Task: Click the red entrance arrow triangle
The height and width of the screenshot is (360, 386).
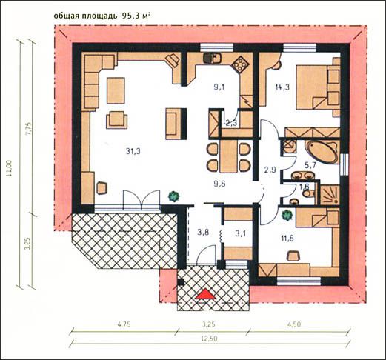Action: pyautogui.click(x=205, y=294)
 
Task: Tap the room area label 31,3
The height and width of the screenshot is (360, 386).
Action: pyautogui.click(x=133, y=151)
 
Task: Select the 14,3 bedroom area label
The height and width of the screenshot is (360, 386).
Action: pyautogui.click(x=282, y=87)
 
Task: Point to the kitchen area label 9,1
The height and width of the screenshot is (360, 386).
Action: pyautogui.click(x=219, y=87)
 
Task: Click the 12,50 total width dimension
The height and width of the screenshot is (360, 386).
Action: pyautogui.click(x=209, y=339)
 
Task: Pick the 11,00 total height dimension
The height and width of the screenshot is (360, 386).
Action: pyautogui.click(x=9, y=168)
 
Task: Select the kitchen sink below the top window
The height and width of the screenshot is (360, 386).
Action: pyautogui.click(x=212, y=58)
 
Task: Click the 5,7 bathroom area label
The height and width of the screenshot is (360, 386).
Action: pyautogui.click(x=310, y=166)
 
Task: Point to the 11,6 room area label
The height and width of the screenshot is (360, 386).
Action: pyautogui.click(x=287, y=239)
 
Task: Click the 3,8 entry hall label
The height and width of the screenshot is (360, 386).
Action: pyautogui.click(x=204, y=233)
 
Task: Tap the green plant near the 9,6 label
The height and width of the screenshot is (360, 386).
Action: pyautogui.click(x=174, y=196)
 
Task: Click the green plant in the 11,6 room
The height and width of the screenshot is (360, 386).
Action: pyautogui.click(x=287, y=215)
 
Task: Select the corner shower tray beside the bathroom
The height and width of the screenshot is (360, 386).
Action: pyautogui.click(x=330, y=195)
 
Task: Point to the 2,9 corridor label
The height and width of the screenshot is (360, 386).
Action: pyautogui.click(x=270, y=170)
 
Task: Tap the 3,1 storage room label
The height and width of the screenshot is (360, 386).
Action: pyautogui.click(x=241, y=233)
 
